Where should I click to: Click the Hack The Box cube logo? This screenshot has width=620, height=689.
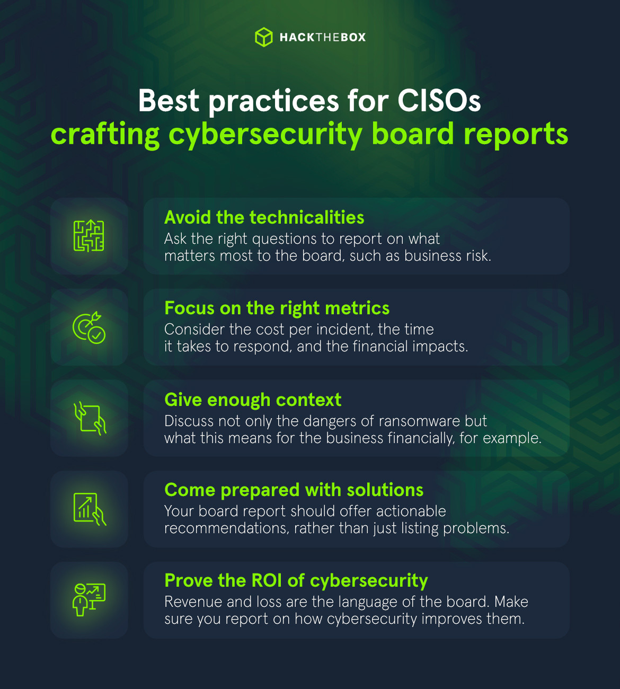(263, 37)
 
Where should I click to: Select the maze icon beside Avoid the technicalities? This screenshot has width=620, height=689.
(89, 236)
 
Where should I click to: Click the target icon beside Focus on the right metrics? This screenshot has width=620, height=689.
(89, 327)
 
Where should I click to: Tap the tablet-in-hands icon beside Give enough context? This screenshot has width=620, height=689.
(90, 418)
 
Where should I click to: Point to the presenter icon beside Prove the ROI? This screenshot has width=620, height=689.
(89, 599)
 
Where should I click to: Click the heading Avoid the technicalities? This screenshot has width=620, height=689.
(264, 217)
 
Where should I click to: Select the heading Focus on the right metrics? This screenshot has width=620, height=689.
(277, 308)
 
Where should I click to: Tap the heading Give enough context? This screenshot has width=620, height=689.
(253, 399)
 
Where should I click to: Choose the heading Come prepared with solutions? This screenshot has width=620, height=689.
(294, 490)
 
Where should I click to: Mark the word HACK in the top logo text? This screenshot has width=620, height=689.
(297, 37)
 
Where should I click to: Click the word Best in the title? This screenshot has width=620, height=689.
(169, 100)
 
